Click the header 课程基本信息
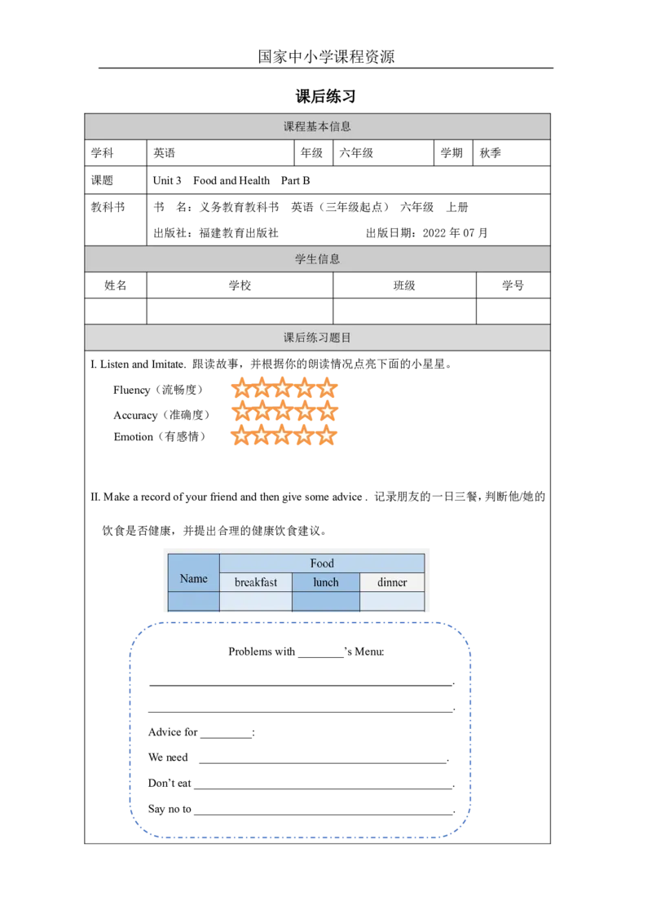click(317, 127)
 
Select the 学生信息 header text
click(317, 259)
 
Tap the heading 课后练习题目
click(317, 338)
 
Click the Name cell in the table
click(193, 579)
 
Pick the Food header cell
click(322, 563)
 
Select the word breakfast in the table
click(256, 582)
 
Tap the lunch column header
click(326, 582)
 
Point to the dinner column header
click(392, 582)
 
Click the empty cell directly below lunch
click(326, 601)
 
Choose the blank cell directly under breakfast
click(256, 601)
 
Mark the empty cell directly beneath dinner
click(392, 601)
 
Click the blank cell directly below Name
click(193, 602)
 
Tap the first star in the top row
click(240, 387)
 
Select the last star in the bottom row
click(326, 436)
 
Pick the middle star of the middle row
click(283, 412)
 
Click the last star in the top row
click(326, 387)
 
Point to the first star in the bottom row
click(240, 436)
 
